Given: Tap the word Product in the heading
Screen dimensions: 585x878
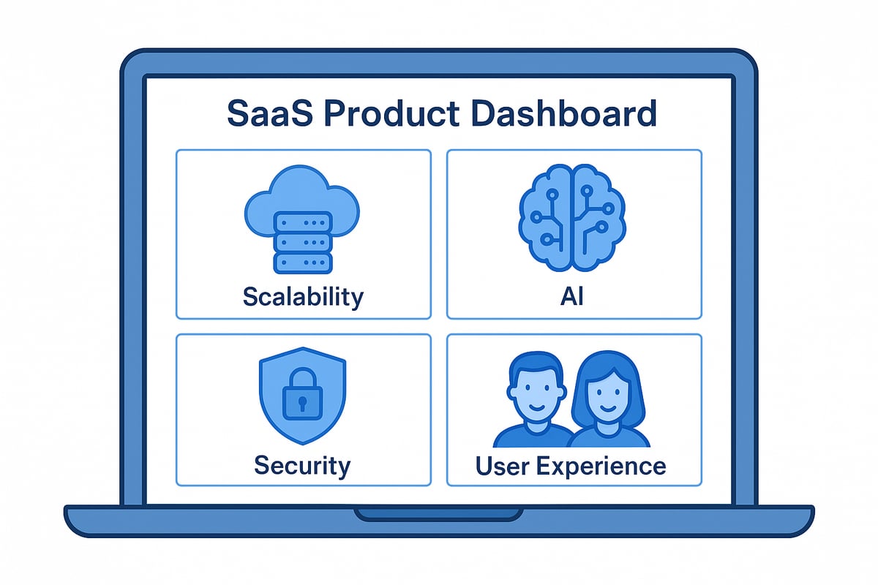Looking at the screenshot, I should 389,116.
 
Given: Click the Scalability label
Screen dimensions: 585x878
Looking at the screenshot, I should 302,297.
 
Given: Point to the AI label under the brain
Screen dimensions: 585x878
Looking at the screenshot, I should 572,297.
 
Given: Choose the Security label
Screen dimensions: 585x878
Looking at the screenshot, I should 302,465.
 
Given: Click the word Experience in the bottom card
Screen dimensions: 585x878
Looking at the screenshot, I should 604,466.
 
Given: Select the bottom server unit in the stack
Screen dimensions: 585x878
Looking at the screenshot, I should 302,263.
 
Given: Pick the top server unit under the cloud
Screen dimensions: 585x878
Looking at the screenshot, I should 302,222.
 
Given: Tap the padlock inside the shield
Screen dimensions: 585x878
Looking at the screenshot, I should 302,396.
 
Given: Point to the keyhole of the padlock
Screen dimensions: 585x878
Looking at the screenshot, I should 302,403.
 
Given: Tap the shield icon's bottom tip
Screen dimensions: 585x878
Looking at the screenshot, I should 302,442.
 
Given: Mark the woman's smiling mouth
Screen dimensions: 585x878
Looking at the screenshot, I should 607,410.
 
